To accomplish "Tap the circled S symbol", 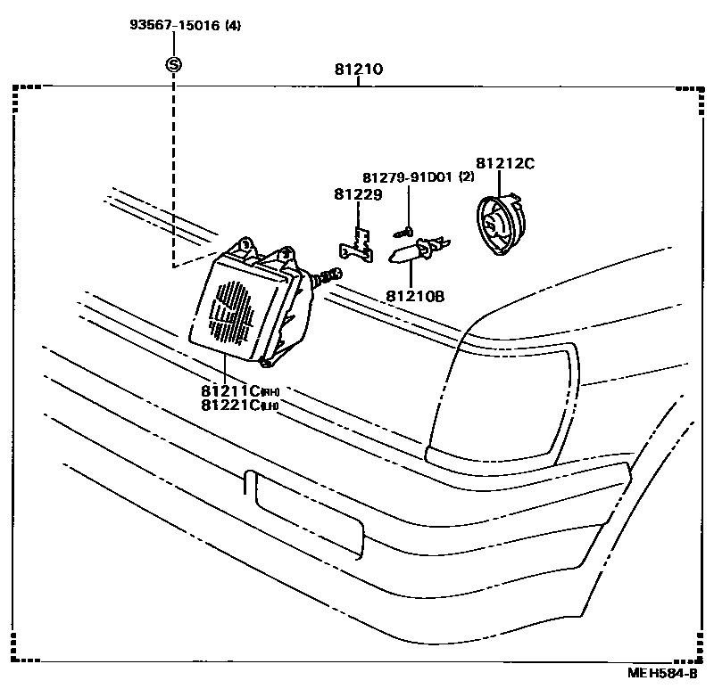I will coord(174,64).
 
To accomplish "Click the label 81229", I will coord(358,194).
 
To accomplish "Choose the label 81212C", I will coord(504,163).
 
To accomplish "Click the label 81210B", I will coord(415,296).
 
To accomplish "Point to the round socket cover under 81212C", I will coord(501,226).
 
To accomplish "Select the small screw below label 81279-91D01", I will coord(400,232).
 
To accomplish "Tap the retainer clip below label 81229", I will coord(360,243).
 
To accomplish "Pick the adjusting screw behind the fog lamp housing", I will coord(329,276).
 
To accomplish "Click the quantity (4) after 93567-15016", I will coord(233,25).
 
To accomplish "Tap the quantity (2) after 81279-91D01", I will coord(466,177).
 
